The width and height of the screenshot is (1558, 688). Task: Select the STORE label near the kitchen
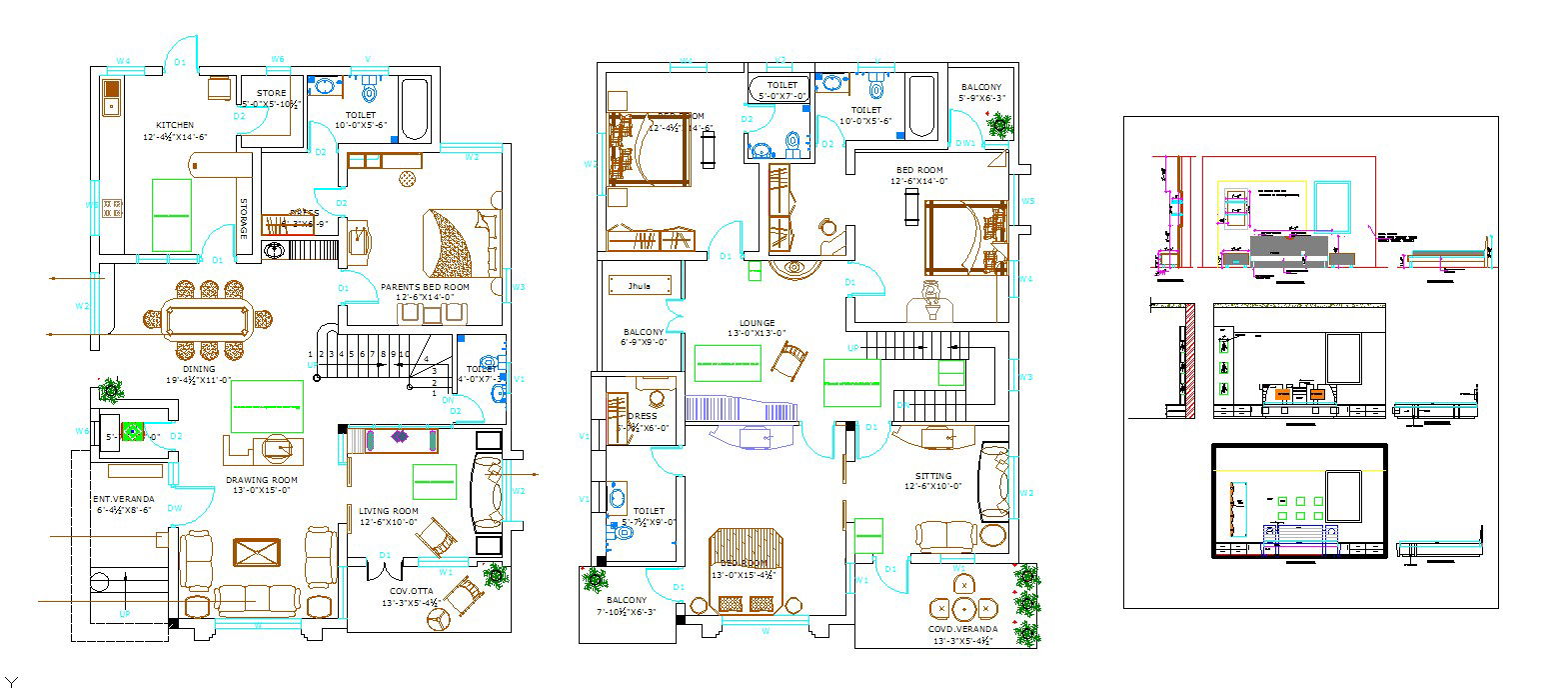tap(271, 93)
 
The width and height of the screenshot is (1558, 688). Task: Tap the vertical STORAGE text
tap(243, 218)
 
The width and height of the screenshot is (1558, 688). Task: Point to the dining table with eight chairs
tap(209, 321)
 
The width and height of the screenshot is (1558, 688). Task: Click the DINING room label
tap(198, 368)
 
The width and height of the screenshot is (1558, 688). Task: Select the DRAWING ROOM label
tap(262, 480)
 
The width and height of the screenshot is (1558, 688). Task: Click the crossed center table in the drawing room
tap(257, 552)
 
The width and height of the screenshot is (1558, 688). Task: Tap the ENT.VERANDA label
tap(124, 498)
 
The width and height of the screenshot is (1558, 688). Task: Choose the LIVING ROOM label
tap(389, 511)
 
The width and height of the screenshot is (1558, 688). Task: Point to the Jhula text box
tap(639, 286)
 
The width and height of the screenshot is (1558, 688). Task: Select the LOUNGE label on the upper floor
tap(757, 323)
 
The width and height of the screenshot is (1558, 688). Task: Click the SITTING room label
tap(933, 475)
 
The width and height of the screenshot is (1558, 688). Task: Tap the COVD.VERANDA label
tap(962, 629)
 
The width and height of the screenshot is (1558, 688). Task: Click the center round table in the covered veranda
tap(962, 607)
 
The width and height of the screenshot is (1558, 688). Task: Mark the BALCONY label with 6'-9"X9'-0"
tap(644, 332)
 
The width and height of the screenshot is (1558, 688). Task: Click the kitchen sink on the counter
tap(110, 98)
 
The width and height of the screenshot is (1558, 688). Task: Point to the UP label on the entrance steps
tap(124, 613)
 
